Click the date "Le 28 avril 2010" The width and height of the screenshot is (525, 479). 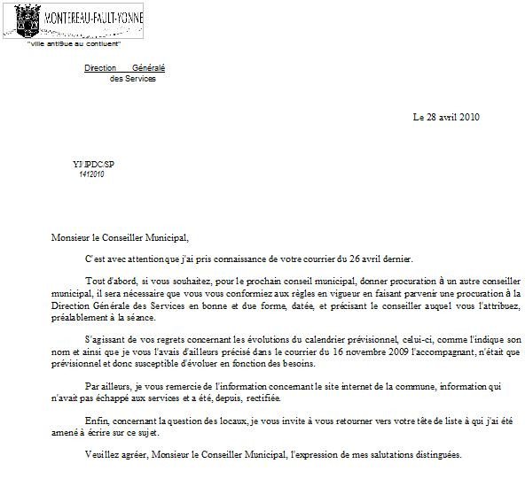[x=446, y=117]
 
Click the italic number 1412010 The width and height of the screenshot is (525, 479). [x=91, y=174]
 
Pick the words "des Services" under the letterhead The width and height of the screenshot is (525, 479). [x=132, y=79]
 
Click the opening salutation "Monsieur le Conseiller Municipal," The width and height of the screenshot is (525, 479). [x=120, y=236]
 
